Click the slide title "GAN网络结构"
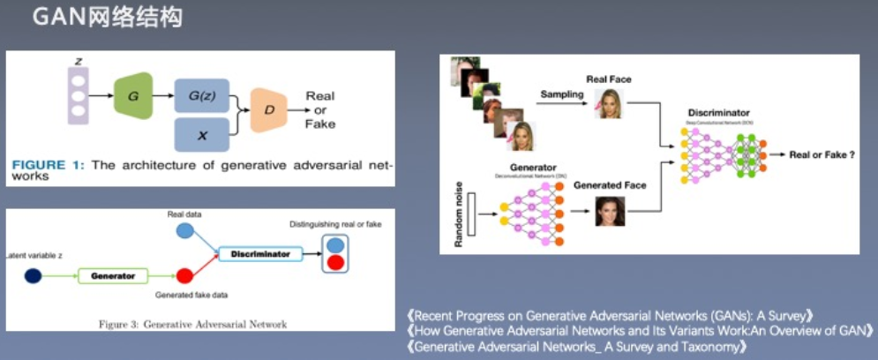pyautogui.click(x=107, y=18)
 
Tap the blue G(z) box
pyautogui.click(x=202, y=94)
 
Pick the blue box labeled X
pyautogui.click(x=202, y=134)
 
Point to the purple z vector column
pyautogui.click(x=79, y=94)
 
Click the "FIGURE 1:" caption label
pyautogui.click(x=48, y=164)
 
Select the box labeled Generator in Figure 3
pyautogui.click(x=114, y=276)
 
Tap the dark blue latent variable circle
pyautogui.click(x=34, y=276)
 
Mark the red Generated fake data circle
pyautogui.click(x=185, y=276)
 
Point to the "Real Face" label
pyautogui.click(x=610, y=79)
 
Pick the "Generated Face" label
pyautogui.click(x=610, y=185)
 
